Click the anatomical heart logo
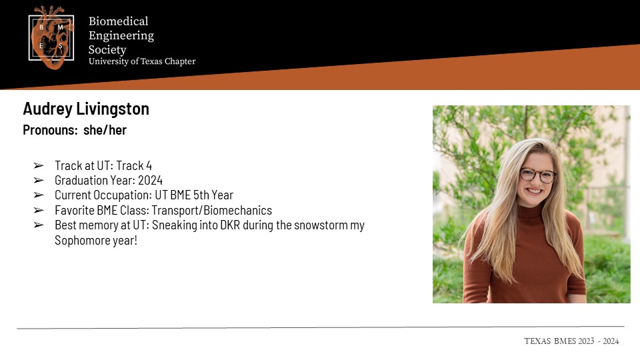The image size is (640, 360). click(x=52, y=37)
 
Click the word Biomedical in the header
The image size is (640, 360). click(x=119, y=21)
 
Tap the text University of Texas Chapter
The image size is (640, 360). click(x=142, y=61)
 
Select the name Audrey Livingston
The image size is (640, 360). click(x=86, y=109)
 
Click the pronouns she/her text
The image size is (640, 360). click(x=105, y=130)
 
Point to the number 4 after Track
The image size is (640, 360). click(x=149, y=166)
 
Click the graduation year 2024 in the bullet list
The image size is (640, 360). click(x=150, y=181)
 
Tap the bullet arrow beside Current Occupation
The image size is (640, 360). click(x=39, y=195)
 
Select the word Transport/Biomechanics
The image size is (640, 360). click(x=211, y=210)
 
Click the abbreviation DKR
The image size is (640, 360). click(x=230, y=225)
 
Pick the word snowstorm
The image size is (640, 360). click(x=321, y=225)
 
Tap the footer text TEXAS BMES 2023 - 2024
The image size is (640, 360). click(x=571, y=341)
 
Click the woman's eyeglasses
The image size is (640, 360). click(x=537, y=175)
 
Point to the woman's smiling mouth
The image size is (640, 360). click(x=535, y=191)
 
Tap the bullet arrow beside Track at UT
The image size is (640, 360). click(x=39, y=166)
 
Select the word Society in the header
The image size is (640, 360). click(x=107, y=50)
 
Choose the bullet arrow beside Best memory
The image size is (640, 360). click(x=39, y=225)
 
